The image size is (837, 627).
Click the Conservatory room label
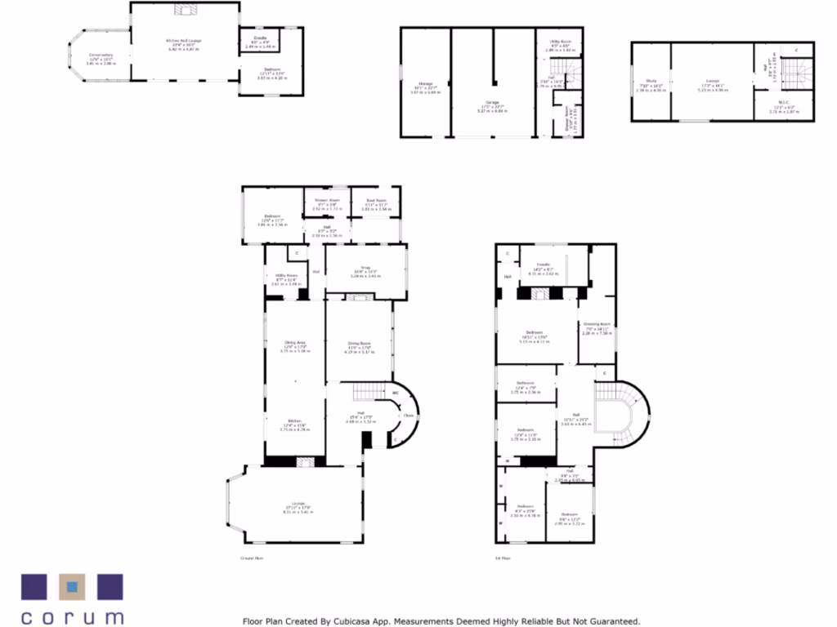101,56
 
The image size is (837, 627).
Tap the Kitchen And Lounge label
184,41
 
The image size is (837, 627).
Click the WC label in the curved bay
396,393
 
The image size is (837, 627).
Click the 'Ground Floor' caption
251,558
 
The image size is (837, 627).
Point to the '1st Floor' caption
504,558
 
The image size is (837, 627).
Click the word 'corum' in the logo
72,617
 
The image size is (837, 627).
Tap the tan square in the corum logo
72,586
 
